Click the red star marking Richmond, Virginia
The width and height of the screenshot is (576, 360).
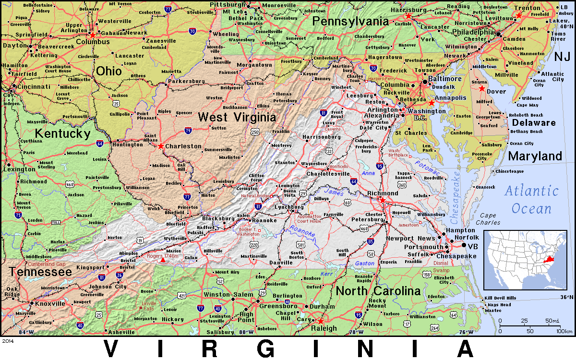[x=383, y=200]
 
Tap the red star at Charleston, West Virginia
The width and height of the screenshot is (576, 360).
[x=161, y=146]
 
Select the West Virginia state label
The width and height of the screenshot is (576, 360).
[x=237, y=117]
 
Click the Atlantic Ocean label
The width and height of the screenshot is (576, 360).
[x=531, y=200]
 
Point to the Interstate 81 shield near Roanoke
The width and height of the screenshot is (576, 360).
[x=259, y=206]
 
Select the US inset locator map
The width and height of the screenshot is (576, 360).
[x=525, y=258]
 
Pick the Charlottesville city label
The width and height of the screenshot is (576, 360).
[x=328, y=174]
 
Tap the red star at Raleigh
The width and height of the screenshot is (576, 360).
[x=320, y=321]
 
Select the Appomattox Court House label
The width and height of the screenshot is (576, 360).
[x=309, y=218]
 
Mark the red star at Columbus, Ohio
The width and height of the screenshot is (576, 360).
[x=93, y=35]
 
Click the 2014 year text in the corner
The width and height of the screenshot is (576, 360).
[x=8, y=341]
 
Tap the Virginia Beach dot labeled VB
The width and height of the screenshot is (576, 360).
[x=464, y=246]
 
